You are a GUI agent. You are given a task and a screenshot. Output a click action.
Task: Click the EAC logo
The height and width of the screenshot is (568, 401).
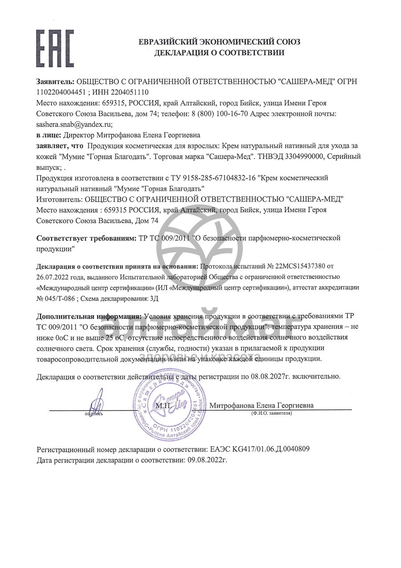pyautogui.click(x=55, y=48)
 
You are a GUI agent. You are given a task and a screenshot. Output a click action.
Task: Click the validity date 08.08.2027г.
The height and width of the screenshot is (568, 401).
pyautogui.click(x=271, y=376)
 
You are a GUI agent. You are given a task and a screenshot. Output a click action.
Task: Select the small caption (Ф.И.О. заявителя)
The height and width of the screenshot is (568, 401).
pyautogui.click(x=271, y=414)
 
